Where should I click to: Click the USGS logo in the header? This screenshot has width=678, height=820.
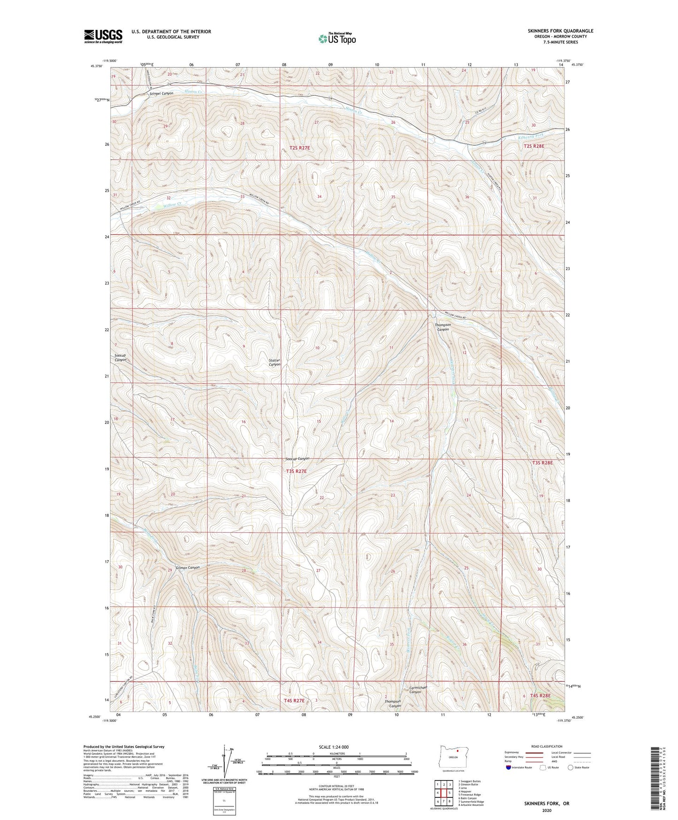[x=103, y=36]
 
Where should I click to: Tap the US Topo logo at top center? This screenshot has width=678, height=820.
[x=336, y=39]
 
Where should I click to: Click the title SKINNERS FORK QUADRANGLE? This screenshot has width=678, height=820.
[x=553, y=31]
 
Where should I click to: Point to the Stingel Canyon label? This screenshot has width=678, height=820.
[x=161, y=93]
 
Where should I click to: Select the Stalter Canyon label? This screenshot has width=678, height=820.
[x=274, y=362]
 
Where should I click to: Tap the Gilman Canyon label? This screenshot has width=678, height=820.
[x=188, y=567]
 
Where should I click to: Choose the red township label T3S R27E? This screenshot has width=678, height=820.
[x=296, y=471]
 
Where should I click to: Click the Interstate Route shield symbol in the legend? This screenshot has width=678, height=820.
[x=509, y=767]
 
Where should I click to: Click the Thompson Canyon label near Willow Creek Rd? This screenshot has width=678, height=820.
[x=442, y=327]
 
